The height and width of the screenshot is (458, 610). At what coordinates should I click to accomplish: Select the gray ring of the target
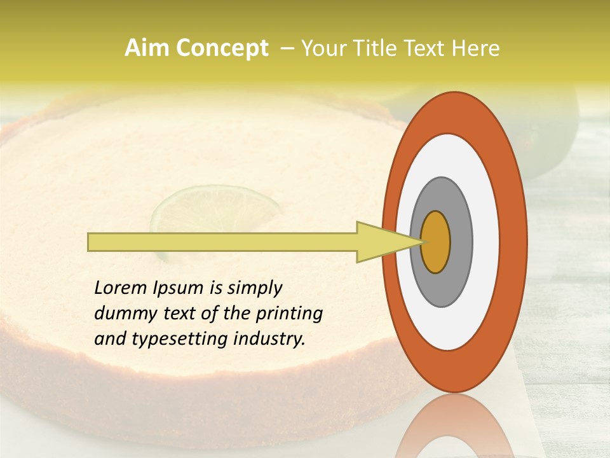[x=461, y=242]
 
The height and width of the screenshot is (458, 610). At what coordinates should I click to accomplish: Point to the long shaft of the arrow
[x=222, y=242]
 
